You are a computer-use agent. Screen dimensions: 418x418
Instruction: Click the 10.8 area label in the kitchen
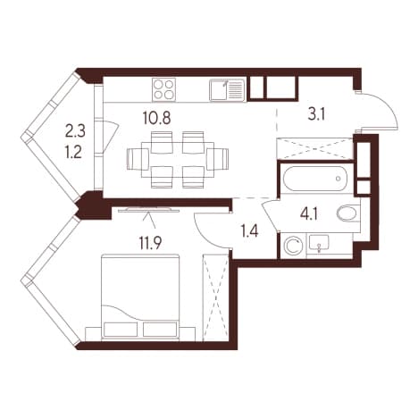pos(156,118)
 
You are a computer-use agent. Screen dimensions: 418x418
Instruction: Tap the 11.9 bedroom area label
pos(150,243)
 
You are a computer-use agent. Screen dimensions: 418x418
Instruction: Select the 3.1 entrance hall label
pos(316,114)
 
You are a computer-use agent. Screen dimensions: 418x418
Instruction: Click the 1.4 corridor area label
pos(250,231)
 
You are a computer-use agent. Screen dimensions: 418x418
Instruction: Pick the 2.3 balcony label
pos(75,131)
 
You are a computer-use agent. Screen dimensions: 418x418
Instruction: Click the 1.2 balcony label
pos(73,153)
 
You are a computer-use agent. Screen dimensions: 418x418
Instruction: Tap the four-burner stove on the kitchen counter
pos(163,90)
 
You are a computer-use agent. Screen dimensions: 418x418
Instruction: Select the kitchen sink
pos(227,90)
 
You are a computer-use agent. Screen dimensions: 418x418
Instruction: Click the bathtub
pos(315,179)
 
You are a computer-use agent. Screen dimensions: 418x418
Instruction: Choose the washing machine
pos(294,246)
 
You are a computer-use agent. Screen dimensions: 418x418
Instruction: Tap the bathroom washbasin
pos(319,244)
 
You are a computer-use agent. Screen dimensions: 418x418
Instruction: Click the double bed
pos(140,297)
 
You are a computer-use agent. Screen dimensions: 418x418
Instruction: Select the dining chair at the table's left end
pos(138,159)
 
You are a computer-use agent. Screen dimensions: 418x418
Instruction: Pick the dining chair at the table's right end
pos(218,159)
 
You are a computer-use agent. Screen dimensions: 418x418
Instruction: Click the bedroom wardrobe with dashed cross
pos(215,297)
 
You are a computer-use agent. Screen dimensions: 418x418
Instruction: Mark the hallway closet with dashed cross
pos(315,148)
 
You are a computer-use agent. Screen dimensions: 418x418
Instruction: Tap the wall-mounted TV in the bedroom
pos(149,210)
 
